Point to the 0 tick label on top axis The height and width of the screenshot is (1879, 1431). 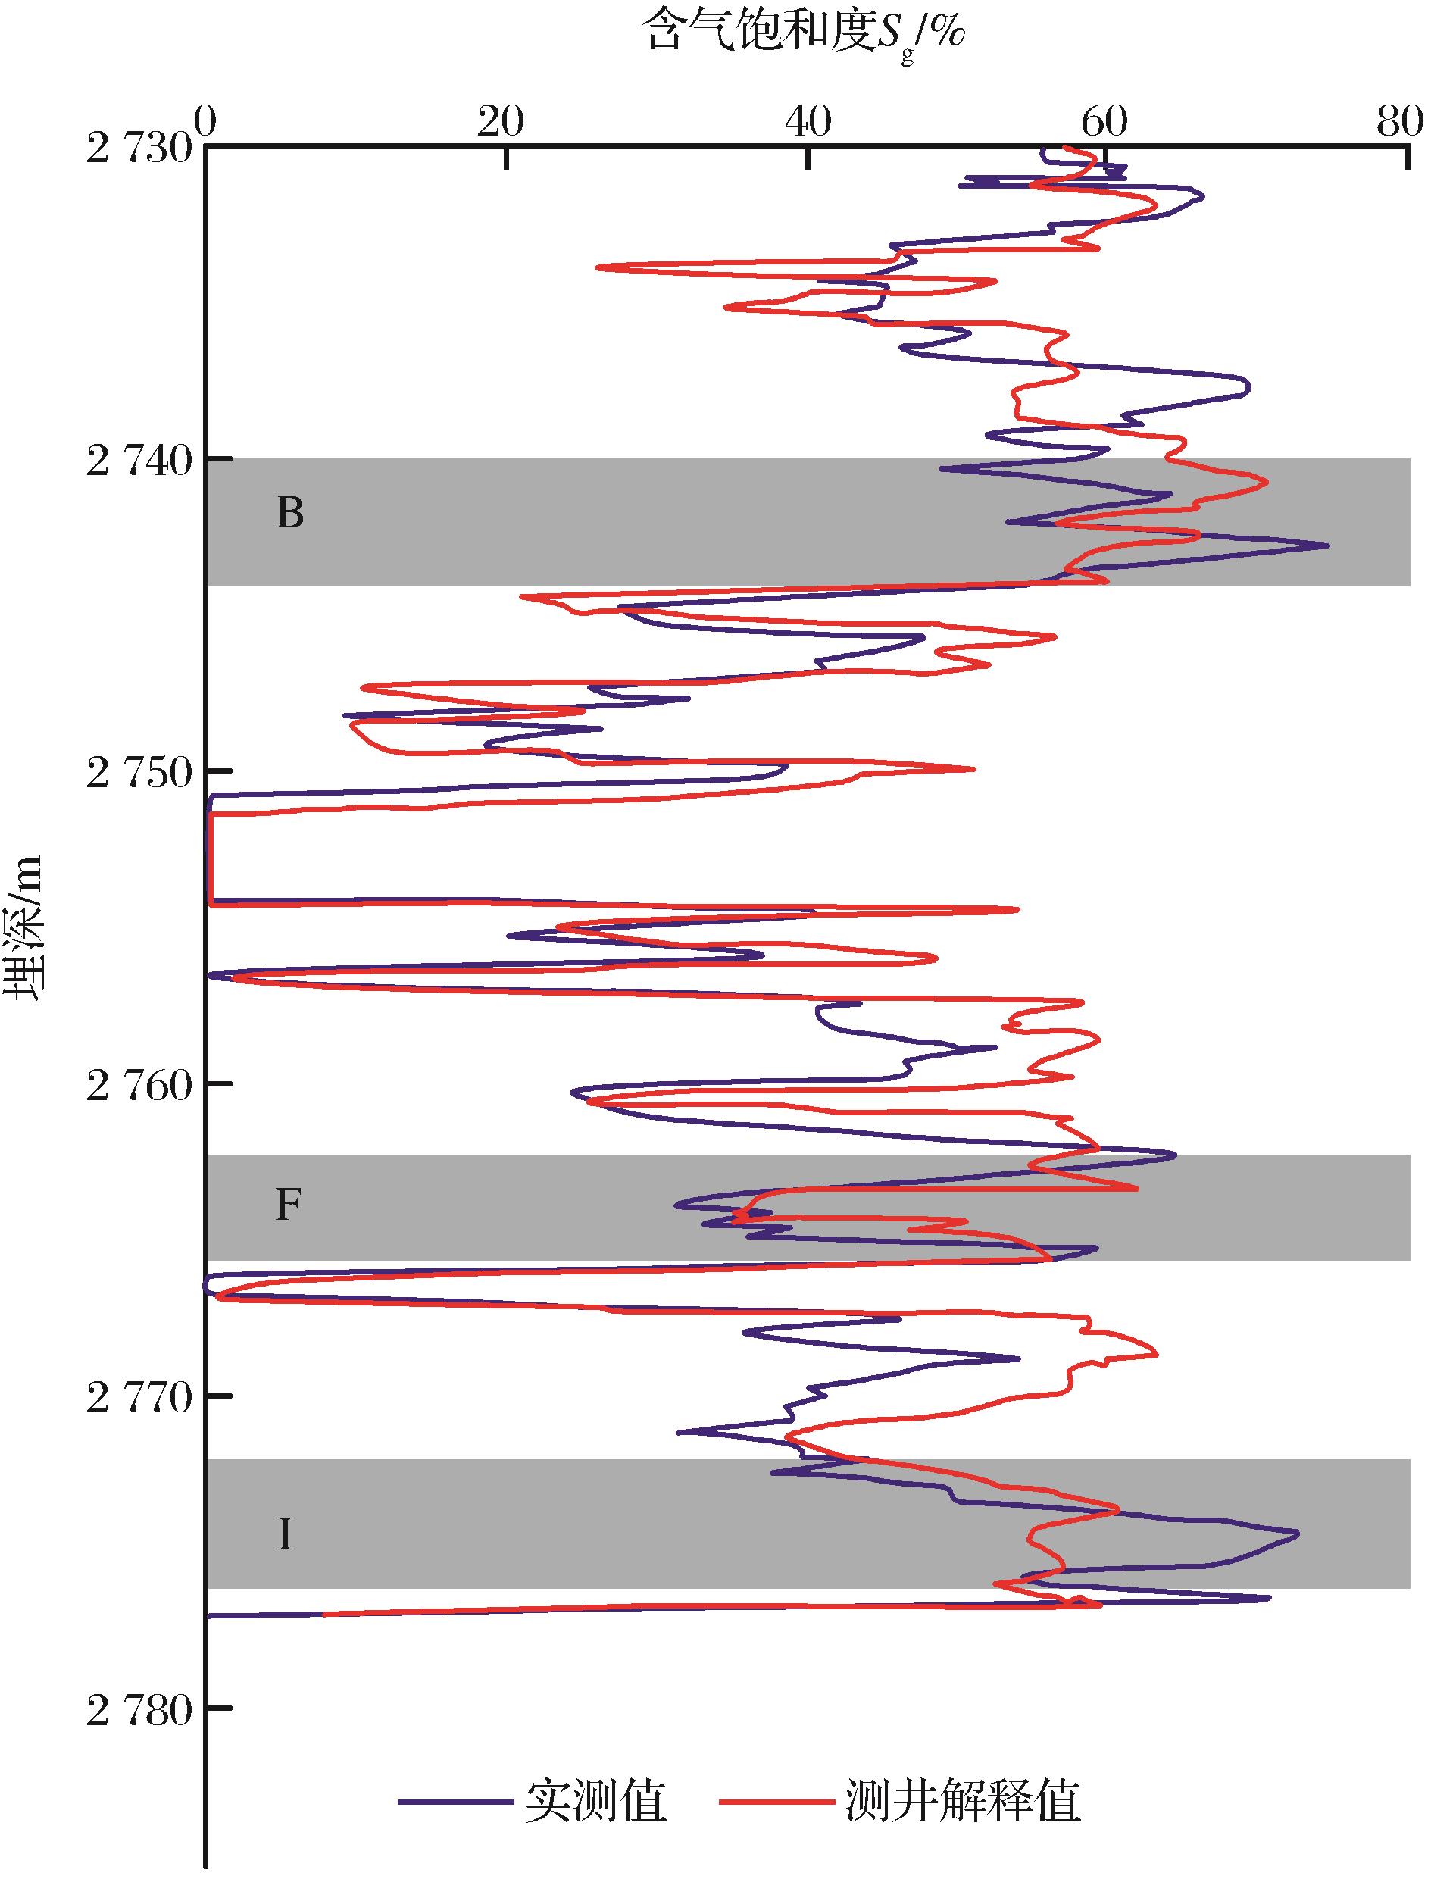click(x=205, y=123)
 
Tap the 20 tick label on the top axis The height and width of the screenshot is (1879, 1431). click(x=501, y=123)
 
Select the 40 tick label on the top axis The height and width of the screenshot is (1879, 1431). click(x=808, y=123)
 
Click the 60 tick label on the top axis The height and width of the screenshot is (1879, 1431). click(x=1104, y=123)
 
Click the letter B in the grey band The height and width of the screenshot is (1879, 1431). click(x=289, y=514)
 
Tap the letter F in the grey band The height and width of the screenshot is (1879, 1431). click(x=288, y=1206)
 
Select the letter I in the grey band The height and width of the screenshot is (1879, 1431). click(x=285, y=1535)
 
